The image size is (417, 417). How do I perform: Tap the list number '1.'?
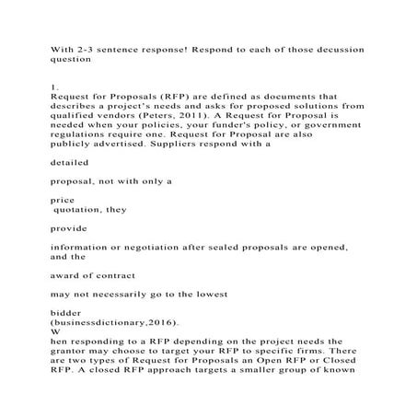tap(54, 85)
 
